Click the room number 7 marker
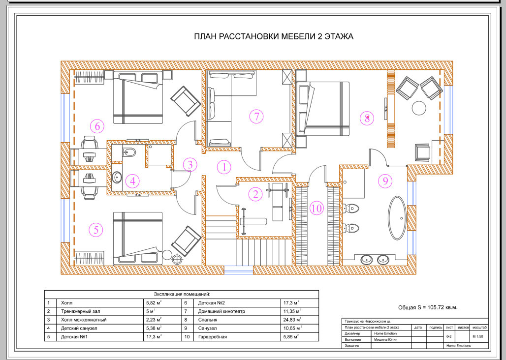click(x=256, y=117)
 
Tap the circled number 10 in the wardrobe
click(x=316, y=208)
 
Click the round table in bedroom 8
click(x=419, y=108)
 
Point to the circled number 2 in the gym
click(x=255, y=194)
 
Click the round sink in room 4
click(x=117, y=177)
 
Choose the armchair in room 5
click(x=186, y=241)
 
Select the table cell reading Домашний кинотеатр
click(x=221, y=311)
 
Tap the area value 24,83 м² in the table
click(x=292, y=320)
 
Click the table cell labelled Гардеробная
click(x=212, y=337)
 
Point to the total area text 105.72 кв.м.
click(x=442, y=307)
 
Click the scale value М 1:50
click(x=477, y=337)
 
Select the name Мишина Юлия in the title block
click(x=385, y=340)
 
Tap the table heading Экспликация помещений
click(x=182, y=294)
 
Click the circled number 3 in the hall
click(x=190, y=165)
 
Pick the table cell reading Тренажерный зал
click(x=80, y=311)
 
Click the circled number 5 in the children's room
click(x=96, y=230)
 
